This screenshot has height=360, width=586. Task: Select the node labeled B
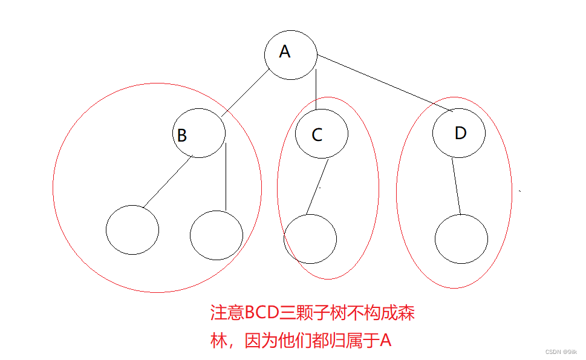pos(198,134)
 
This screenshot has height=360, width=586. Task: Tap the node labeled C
pos(321,134)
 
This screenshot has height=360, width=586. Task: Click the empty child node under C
pos(310,238)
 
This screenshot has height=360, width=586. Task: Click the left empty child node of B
pos(132,230)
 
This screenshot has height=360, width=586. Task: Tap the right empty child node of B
pos(216,235)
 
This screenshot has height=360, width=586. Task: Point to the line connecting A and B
pos(245,94)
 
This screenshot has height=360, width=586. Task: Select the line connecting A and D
pos(385,83)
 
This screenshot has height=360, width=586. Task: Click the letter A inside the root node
pos(284,52)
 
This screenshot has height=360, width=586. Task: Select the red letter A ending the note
pos(385,341)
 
